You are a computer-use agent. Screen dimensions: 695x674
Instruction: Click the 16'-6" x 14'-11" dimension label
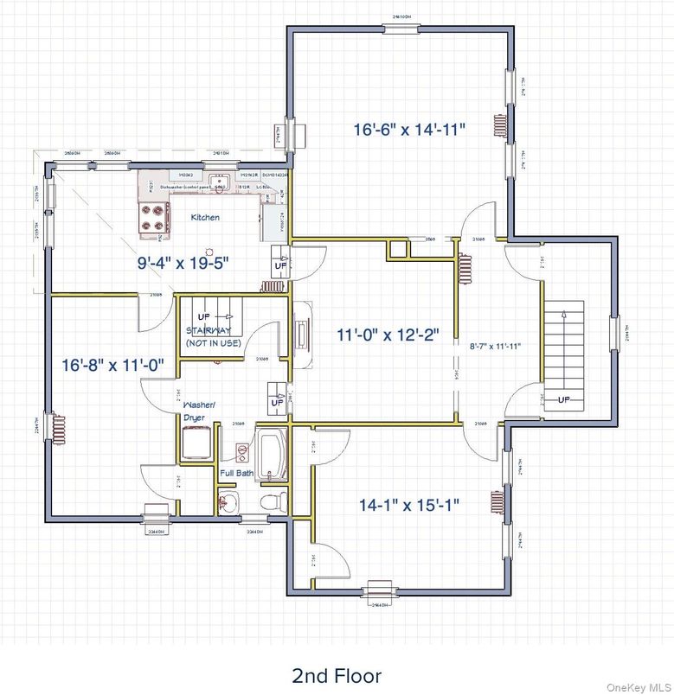pyautogui.click(x=409, y=130)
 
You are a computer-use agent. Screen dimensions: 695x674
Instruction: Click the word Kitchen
pyautogui.click(x=205, y=218)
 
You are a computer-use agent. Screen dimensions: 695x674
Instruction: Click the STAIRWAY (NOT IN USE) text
pyautogui.click(x=213, y=337)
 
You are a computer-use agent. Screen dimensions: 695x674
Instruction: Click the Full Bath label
pyautogui.click(x=236, y=474)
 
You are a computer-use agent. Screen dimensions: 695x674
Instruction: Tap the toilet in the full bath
pyautogui.click(x=270, y=501)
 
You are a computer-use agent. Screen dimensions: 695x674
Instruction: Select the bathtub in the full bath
pyautogui.click(x=272, y=453)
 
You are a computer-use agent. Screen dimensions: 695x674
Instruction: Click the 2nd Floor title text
pyautogui.click(x=337, y=674)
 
